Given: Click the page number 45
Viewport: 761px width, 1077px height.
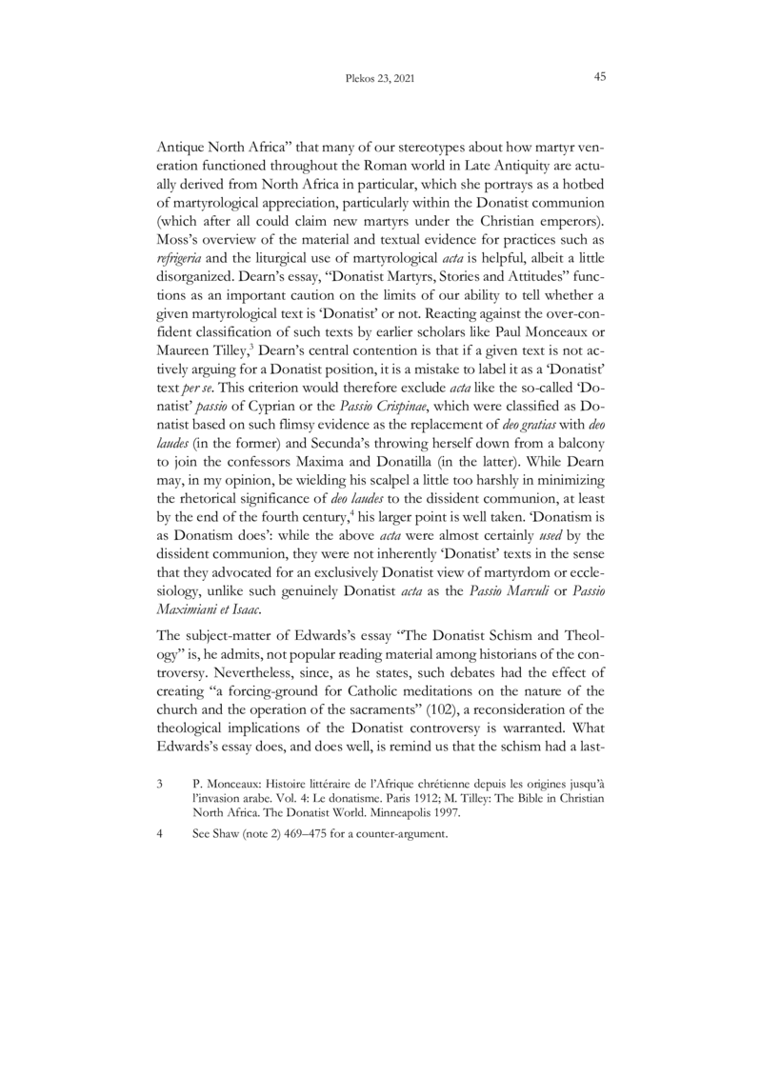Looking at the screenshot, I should [600, 77].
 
